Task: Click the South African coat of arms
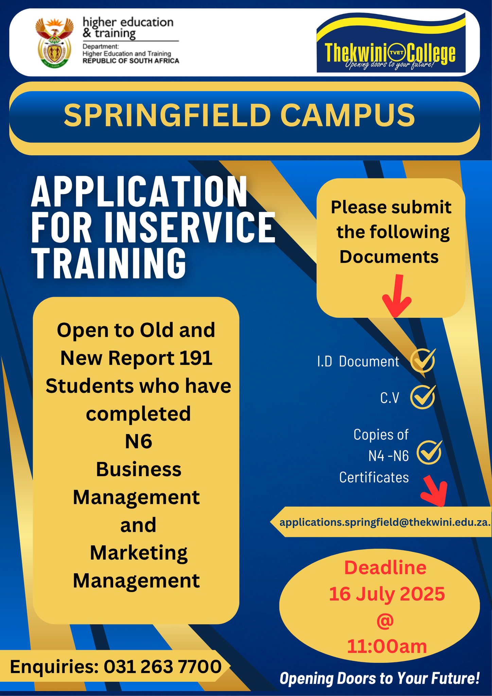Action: coord(54,42)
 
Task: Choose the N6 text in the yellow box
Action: coord(138,441)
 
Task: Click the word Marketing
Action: coord(139,553)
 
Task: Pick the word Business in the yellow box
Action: coord(139,469)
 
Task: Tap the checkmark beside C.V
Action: coord(423,397)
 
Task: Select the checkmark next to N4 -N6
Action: coord(429,452)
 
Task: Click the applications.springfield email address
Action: coord(385,522)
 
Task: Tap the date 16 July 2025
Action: coord(387,594)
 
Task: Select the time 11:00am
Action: coord(387,646)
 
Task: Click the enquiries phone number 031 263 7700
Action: coord(163,666)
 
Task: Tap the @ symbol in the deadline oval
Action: coord(385,620)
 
